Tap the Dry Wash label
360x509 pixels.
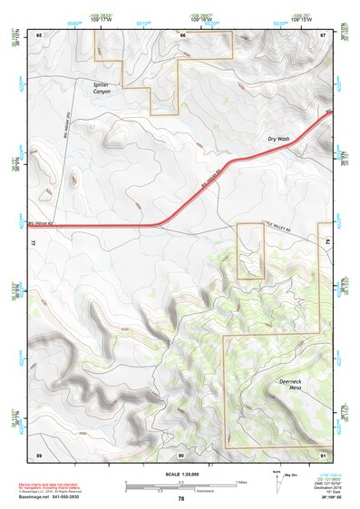pyautogui.click(x=277, y=139)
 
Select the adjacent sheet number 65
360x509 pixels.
pyautogui.click(x=39, y=34)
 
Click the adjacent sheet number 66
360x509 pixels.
pyautogui.click(x=182, y=34)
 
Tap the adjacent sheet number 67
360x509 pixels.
pyautogui.click(x=323, y=34)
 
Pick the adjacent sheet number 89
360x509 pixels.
pyautogui.click(x=39, y=453)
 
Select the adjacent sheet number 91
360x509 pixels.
pyautogui.click(x=323, y=453)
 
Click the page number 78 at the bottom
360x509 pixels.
pyautogui.click(x=181, y=498)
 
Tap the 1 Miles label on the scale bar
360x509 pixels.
pyautogui.click(x=241, y=482)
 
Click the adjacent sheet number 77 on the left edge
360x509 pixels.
pyautogui.click(x=33, y=243)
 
